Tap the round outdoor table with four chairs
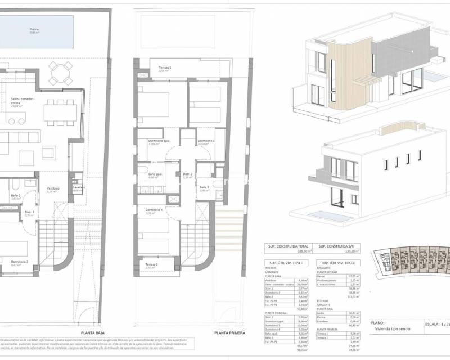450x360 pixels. point(60,73)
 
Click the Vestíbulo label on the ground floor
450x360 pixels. point(53,189)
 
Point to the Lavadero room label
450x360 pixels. point(79,187)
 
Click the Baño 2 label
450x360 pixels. point(16,196)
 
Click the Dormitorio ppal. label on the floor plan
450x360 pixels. point(151,141)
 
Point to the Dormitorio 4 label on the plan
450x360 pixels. point(153,210)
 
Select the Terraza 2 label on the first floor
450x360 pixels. point(151,264)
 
